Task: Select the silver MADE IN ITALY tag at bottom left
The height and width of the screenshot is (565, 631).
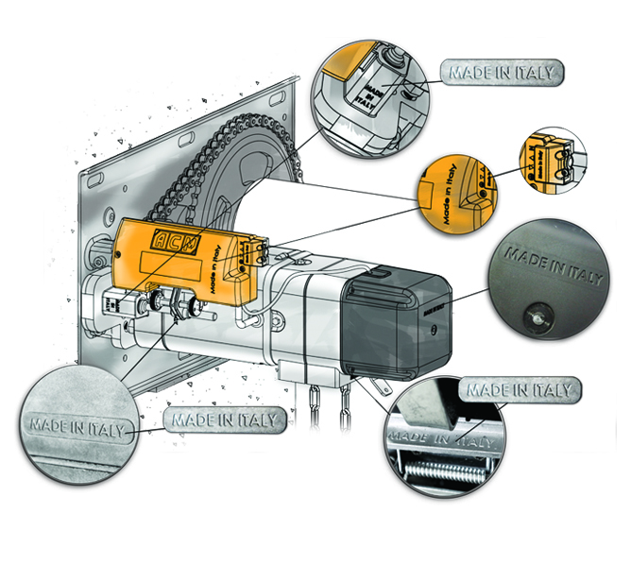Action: [225, 419]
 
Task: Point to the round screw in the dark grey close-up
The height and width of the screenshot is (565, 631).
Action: [536, 319]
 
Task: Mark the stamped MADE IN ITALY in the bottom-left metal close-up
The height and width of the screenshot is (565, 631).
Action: [77, 426]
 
